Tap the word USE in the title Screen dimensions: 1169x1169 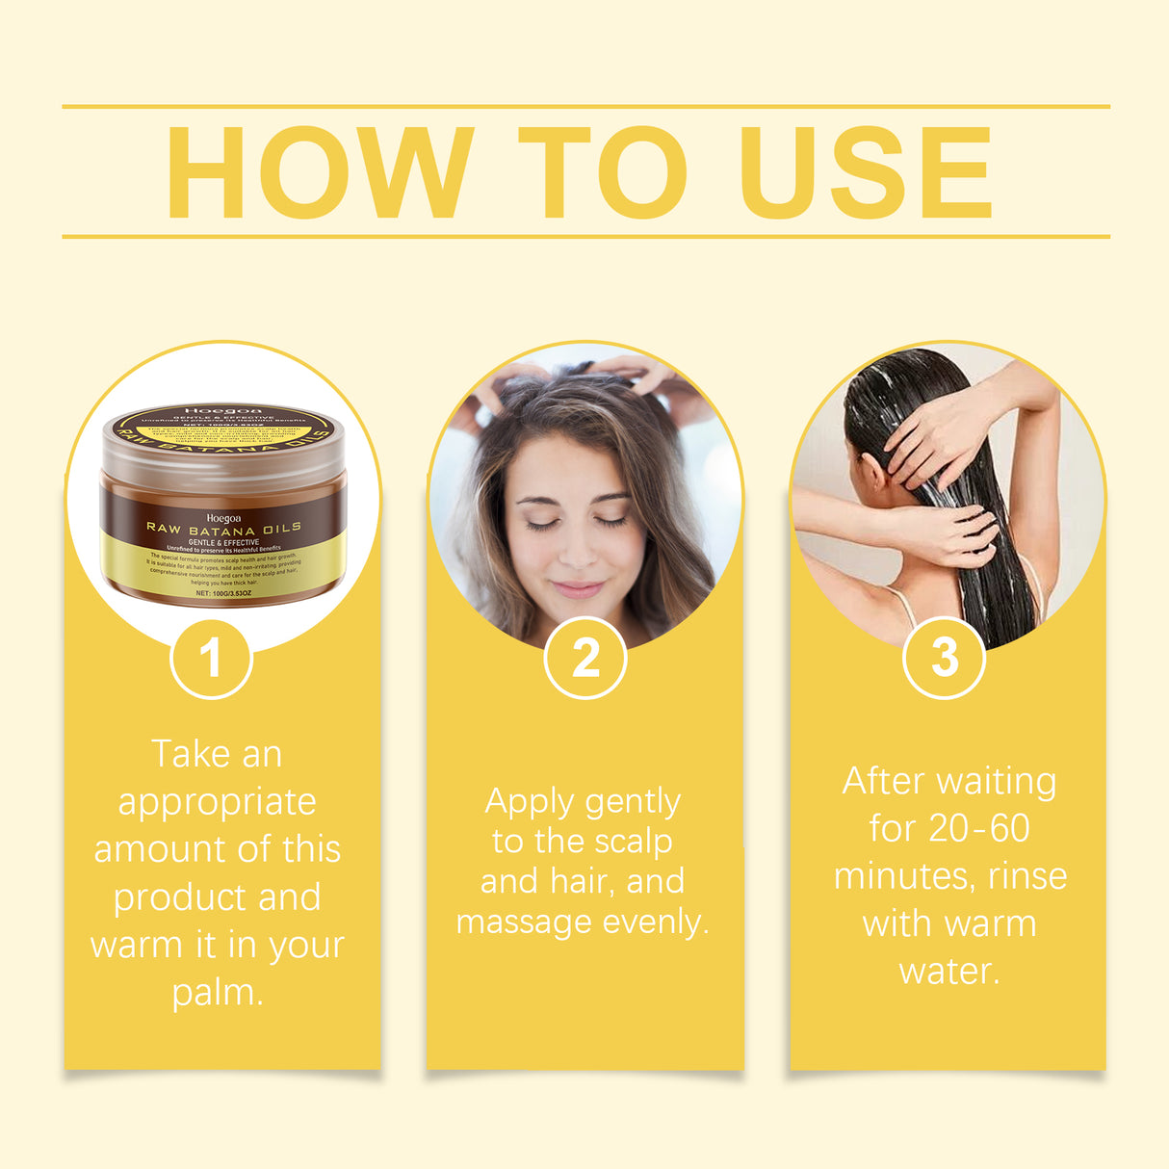coord(865,173)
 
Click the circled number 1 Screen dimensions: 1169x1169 coord(211,659)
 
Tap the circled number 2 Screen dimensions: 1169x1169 coord(585,659)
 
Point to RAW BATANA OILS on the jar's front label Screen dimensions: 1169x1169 coord(223,528)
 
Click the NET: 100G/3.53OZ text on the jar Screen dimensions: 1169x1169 coord(223,593)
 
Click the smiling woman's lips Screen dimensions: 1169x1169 coord(578,588)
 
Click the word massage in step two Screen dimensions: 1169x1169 coord(525,922)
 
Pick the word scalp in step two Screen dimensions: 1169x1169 coord(632,842)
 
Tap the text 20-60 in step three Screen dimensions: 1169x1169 coord(978,828)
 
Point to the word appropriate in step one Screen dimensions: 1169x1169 coord(217,802)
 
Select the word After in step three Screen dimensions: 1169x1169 coord(882,781)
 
